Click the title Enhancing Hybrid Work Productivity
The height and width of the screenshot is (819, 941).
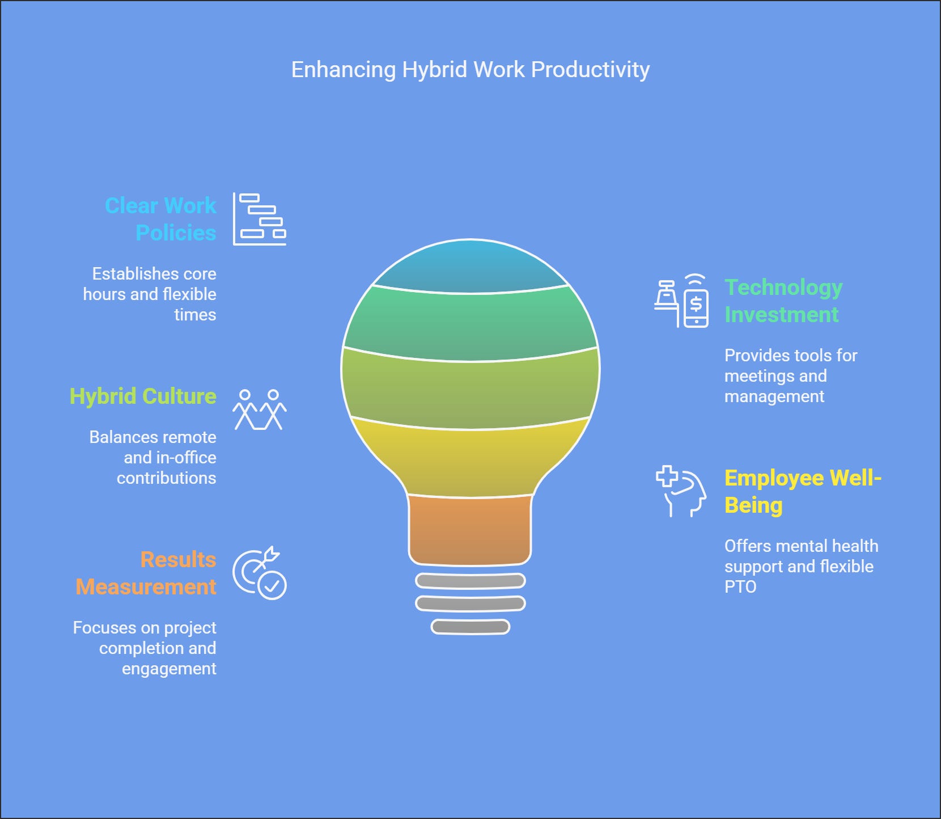[x=470, y=70]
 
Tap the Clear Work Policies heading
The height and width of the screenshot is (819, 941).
[x=161, y=219]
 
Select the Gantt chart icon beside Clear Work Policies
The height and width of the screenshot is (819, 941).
[x=260, y=219]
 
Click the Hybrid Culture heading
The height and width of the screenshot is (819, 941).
[x=143, y=396]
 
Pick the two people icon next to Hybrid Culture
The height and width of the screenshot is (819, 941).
[x=260, y=409]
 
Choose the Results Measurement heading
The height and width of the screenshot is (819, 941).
[x=146, y=573]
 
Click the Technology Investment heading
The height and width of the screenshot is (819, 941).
[x=783, y=301]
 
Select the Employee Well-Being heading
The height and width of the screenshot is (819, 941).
[x=802, y=491]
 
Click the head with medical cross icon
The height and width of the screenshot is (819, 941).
[x=681, y=491]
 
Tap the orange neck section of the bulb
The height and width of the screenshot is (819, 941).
[x=470, y=530]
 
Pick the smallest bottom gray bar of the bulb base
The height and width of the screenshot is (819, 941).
[x=470, y=627]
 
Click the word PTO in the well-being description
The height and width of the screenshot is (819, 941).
[x=740, y=586]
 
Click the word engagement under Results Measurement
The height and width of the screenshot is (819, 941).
[x=169, y=669]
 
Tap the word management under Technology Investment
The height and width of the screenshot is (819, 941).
[x=774, y=396]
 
